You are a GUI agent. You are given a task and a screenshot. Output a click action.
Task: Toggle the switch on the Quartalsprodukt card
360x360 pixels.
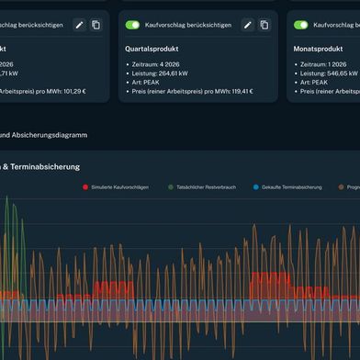133,25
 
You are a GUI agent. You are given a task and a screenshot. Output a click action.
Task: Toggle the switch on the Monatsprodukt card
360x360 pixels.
300,25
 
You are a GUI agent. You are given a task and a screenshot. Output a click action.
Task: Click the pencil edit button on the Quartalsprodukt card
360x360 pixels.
247,25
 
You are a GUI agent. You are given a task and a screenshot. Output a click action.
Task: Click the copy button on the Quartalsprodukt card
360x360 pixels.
264,25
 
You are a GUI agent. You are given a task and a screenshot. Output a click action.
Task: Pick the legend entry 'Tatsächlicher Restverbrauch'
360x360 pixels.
206,186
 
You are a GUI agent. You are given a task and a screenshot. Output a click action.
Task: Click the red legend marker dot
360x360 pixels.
85,186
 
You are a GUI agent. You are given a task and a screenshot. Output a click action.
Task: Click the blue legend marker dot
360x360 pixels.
256,186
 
